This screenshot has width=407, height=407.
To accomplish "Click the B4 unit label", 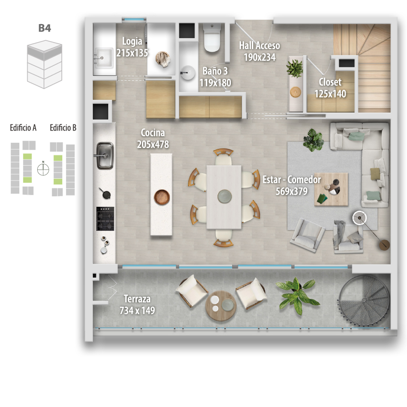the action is pyautogui.click(x=45, y=28).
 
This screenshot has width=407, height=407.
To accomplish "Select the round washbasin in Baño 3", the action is pyautogui.click(x=188, y=72).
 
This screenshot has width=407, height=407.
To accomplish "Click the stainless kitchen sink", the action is pyautogui.click(x=105, y=156).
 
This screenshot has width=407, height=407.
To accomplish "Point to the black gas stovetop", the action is pyautogui.click(x=105, y=219).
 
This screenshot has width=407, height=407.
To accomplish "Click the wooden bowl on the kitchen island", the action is pyautogui.click(x=162, y=197).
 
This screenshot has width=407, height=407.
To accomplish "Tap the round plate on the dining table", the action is pyautogui.click(x=224, y=196).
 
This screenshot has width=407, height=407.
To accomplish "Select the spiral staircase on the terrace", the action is pyautogui.click(x=364, y=301).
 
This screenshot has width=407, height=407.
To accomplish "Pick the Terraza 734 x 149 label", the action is pyautogui.click(x=137, y=305).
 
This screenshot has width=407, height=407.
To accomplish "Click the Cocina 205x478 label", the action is pyautogui.click(x=153, y=138).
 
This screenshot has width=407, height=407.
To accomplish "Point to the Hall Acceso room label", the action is pyautogui.click(x=259, y=46).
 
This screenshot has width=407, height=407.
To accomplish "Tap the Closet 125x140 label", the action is pyautogui.click(x=330, y=88).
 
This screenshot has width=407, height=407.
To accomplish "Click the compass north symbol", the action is pyautogui.click(x=43, y=169).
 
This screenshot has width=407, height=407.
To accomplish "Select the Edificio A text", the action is pyautogui.click(x=23, y=127).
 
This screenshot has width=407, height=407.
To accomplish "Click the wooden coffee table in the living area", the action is pyautogui.click(x=331, y=189).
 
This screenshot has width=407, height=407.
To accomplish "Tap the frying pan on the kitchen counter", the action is pyautogui.click(x=105, y=193).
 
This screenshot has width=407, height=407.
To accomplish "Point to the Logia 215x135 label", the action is pyautogui.click(x=132, y=47).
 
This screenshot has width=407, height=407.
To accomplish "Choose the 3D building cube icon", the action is pyautogui.click(x=45, y=64).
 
